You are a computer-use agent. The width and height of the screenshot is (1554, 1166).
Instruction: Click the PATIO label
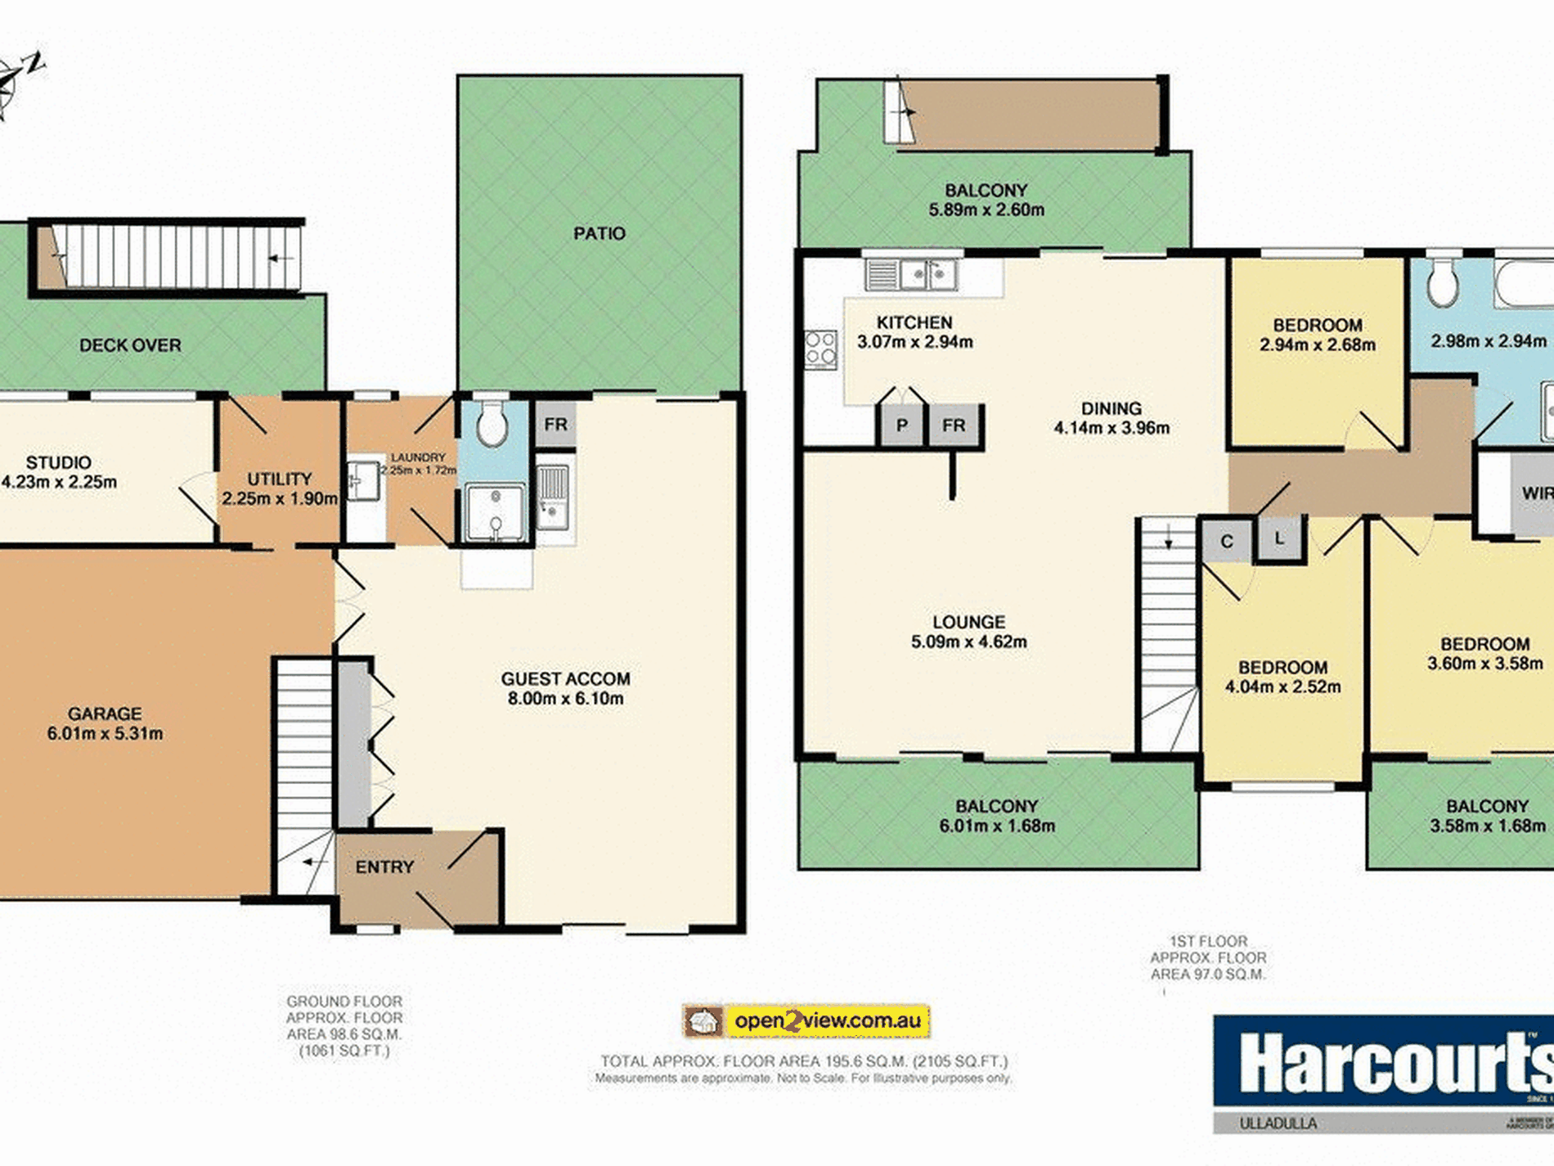599,234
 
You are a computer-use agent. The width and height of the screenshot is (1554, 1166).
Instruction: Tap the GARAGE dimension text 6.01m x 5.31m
105,734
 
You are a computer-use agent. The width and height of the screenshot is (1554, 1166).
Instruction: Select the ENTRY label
384,867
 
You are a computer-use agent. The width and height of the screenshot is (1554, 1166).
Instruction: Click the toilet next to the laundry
492,425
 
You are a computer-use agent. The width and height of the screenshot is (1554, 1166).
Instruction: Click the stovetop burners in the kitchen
820,349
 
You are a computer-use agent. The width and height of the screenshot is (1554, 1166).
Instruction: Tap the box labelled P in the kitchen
901,425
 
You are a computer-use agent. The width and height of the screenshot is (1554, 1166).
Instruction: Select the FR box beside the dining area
954,425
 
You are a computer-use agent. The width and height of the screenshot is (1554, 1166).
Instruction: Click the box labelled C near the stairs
1226,542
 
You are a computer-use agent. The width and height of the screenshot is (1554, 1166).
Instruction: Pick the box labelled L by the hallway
1279,538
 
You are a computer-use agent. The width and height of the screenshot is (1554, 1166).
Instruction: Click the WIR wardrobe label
1536,493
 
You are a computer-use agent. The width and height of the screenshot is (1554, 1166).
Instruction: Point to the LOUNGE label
968,623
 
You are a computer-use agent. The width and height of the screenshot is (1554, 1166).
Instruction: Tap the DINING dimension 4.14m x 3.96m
1111,428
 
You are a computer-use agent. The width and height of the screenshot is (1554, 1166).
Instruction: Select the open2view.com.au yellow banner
827,1021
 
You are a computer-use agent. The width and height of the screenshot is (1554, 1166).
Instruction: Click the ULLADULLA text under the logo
1278,1123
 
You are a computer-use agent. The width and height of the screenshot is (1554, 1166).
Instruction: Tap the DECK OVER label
130,346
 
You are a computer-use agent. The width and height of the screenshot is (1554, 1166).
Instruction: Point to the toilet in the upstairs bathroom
1443,284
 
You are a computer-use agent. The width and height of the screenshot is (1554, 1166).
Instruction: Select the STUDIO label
58,463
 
